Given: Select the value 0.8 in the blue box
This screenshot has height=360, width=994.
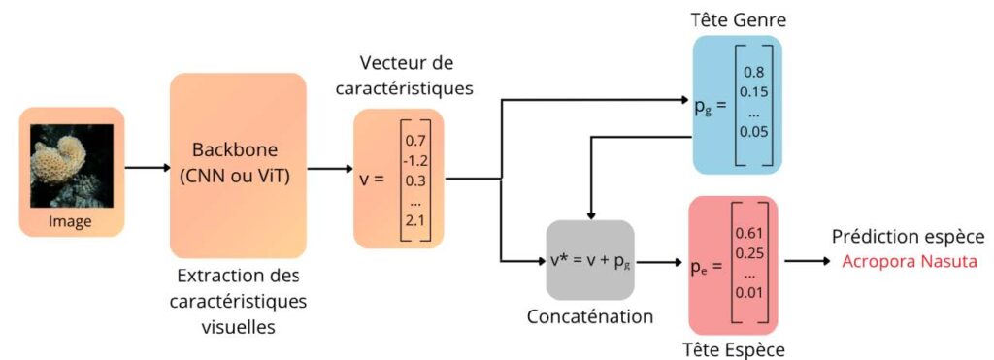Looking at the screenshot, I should coord(752,72).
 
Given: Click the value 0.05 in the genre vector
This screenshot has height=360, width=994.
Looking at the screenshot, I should coord(752,131).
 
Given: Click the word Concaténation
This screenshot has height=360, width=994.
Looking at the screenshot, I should coord(590,316).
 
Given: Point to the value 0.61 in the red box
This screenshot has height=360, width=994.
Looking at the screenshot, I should coord(747,233).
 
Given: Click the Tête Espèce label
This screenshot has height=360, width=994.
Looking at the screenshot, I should coord(734,349).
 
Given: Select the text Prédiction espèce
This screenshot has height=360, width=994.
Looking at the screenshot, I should coord(908,237).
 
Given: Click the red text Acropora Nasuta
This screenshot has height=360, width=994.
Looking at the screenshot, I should coord(908,261).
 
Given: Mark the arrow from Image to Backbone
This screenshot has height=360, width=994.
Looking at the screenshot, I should coord(146,167).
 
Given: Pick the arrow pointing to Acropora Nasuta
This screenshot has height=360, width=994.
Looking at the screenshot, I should coord(807,261).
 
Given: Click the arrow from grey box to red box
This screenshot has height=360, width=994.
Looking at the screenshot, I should coord(659,261).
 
